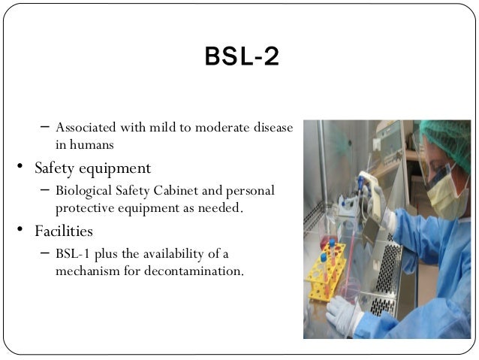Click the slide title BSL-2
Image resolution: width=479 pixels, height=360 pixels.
[x=242, y=57]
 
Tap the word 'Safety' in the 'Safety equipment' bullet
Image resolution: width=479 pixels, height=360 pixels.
[x=57, y=168]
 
